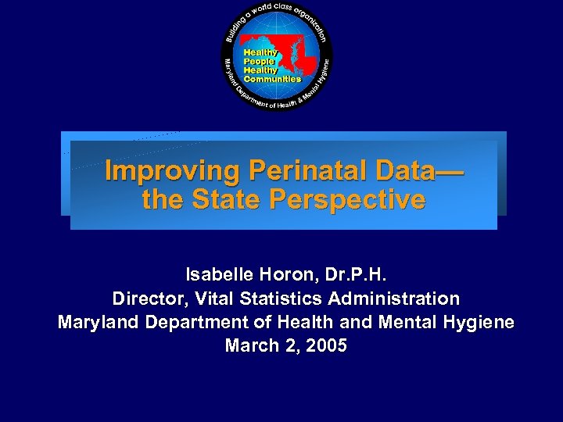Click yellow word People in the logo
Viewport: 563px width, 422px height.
(260, 61)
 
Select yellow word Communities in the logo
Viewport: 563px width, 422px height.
(272, 79)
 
